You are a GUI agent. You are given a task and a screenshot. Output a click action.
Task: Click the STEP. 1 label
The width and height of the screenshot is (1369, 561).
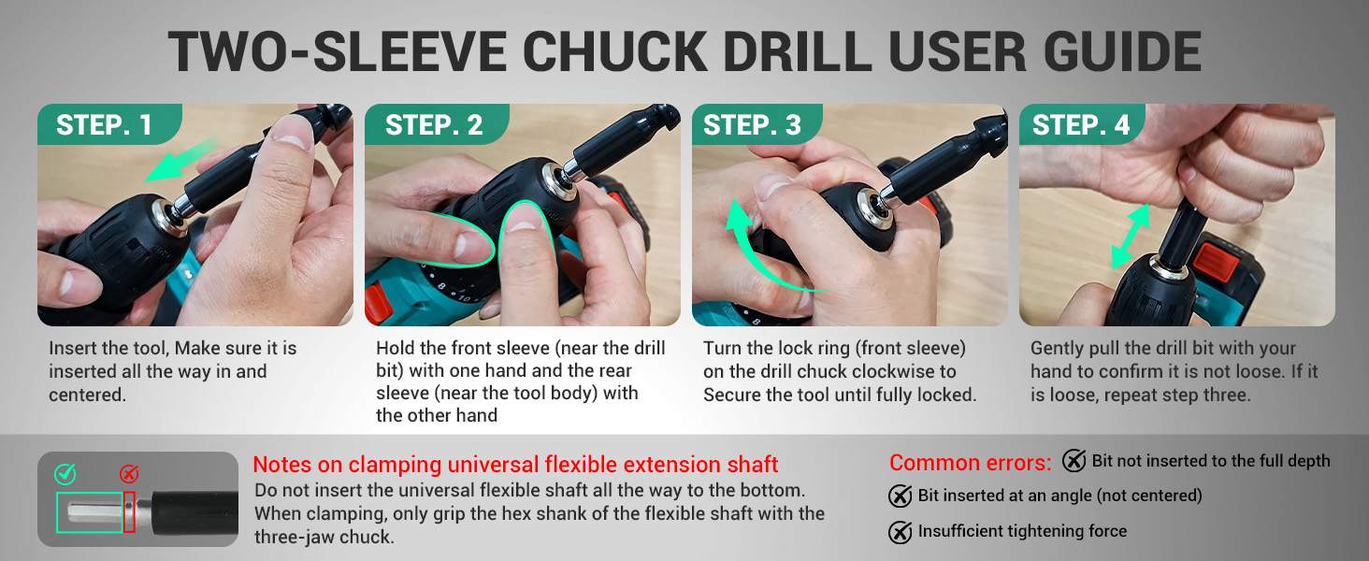pos(104,125)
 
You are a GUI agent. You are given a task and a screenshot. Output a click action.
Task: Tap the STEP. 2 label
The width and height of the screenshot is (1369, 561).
pos(434,125)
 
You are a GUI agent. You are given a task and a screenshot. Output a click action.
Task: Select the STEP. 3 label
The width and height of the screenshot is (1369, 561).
pos(752,125)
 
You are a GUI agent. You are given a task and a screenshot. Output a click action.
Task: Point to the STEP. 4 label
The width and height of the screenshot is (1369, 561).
pos(1081,125)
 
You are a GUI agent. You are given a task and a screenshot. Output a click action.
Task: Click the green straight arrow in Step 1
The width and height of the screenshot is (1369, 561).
pos(182,160)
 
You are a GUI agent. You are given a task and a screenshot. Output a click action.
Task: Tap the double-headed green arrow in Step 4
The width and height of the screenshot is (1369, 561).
pos(1131,237)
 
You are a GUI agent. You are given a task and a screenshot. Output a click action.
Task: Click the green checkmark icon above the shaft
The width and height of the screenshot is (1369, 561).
pos(65,474)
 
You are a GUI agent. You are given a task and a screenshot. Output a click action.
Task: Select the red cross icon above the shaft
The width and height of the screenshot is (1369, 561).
pos(128,474)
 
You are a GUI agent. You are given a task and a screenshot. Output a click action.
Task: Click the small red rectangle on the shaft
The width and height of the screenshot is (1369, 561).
pos(129,512)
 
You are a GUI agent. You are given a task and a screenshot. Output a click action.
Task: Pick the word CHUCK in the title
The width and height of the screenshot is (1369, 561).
pos(614,52)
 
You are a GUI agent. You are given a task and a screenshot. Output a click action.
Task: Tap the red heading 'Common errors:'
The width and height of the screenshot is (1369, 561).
pos(970,463)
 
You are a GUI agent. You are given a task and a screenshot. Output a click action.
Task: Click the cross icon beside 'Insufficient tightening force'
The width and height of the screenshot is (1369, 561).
pos(901,532)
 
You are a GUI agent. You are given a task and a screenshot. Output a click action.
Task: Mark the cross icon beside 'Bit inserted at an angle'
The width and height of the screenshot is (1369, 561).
pos(901,496)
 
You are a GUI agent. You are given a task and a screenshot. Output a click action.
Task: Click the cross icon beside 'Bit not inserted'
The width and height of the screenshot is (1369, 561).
pos(1074,461)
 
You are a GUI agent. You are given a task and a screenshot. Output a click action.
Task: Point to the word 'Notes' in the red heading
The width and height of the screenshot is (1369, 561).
pos(282,465)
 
